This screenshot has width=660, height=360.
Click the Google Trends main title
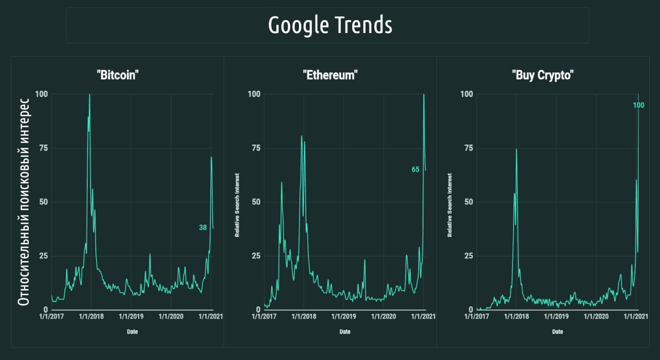(330, 25)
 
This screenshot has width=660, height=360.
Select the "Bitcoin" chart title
(118, 75)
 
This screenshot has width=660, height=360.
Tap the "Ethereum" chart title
(330, 75)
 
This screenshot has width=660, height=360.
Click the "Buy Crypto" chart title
(543, 75)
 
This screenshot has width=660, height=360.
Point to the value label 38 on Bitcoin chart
(203, 227)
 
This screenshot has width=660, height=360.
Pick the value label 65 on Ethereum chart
(416, 170)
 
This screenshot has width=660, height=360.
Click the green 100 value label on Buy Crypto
(638, 106)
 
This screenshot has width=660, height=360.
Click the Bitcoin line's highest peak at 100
(90, 95)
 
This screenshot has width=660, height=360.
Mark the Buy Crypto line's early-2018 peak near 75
(516, 150)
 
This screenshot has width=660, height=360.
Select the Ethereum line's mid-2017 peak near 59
(282, 183)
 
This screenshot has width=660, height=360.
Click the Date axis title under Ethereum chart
(344, 332)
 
